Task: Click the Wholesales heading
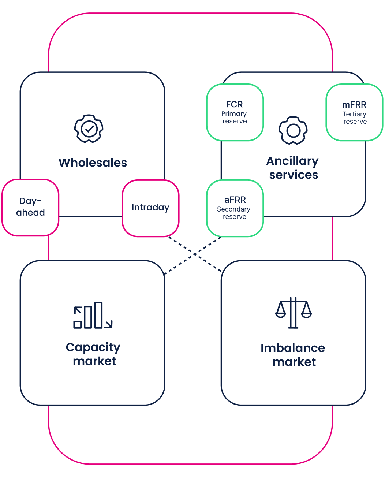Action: (93, 163)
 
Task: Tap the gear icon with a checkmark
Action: (89, 129)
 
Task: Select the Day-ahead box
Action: (30, 207)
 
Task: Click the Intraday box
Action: (150, 208)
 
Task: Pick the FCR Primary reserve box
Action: (235, 112)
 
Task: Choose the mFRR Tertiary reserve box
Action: (354, 112)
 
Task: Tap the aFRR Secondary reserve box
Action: (235, 208)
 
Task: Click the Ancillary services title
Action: (293, 168)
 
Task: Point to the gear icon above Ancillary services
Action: (293, 130)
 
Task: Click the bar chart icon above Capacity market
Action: (93, 315)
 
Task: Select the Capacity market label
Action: (93, 354)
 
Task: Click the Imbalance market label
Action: (293, 355)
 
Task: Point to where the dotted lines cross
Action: (195, 254)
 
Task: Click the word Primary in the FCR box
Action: (234, 114)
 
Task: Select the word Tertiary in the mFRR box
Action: (354, 114)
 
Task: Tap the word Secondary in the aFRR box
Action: (233, 209)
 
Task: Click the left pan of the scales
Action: (281, 313)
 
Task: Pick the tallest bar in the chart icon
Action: (98, 315)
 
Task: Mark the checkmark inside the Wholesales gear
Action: (89, 128)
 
